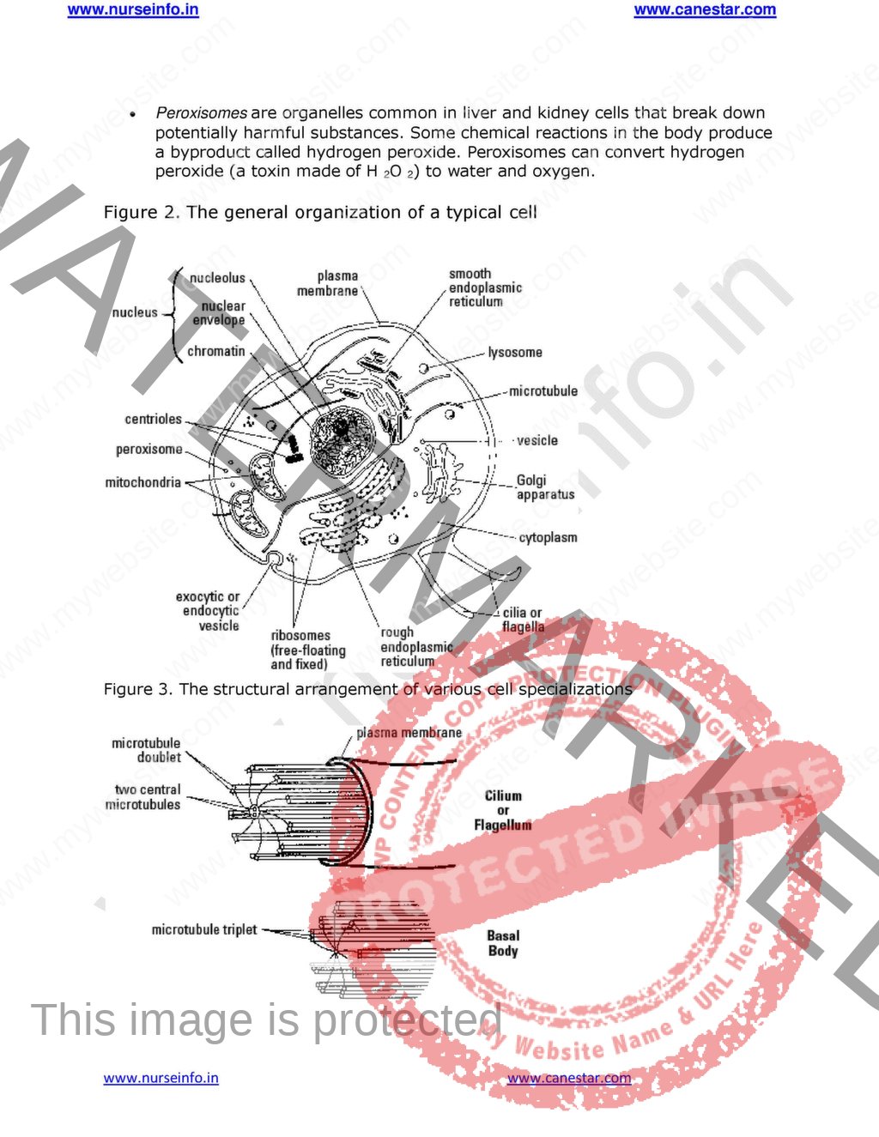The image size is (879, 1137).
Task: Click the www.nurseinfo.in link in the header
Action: tap(133, 10)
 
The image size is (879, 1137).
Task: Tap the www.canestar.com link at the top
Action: tap(705, 10)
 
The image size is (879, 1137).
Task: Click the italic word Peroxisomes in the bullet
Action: tap(201, 113)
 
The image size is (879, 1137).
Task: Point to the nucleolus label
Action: tap(217, 278)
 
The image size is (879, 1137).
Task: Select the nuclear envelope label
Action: tap(221, 313)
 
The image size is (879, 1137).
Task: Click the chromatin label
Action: tap(216, 351)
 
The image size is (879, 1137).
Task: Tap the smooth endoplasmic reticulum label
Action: tap(485, 288)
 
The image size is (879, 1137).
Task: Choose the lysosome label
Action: tap(515, 353)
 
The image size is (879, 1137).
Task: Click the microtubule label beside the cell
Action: tap(543, 391)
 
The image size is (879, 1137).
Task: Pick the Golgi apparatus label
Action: tap(544, 487)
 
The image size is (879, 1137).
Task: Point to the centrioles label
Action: tap(154, 420)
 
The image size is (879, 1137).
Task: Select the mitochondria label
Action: tap(142, 483)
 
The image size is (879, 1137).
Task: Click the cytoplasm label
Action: tap(548, 538)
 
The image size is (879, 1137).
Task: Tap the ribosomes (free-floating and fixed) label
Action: tap(307, 650)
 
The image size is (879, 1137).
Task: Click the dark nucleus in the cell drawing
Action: tap(342, 429)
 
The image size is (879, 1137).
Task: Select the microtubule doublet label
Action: tap(148, 750)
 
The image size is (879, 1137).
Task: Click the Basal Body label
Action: tap(503, 943)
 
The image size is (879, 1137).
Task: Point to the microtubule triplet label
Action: tap(204, 929)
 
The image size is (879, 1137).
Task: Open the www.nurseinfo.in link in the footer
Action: tap(161, 1078)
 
